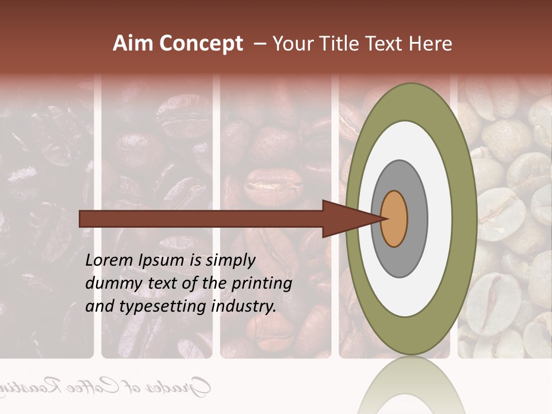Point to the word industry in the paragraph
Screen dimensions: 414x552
coord(244,306)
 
